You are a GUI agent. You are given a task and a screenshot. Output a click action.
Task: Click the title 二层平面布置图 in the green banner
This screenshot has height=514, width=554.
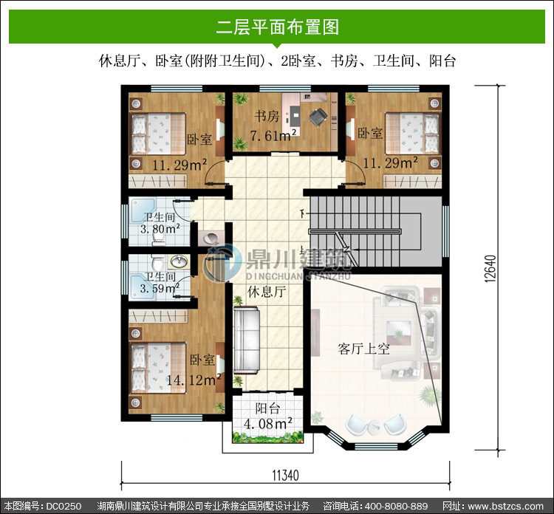277,27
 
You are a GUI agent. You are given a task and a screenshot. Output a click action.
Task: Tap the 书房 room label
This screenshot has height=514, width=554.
267,116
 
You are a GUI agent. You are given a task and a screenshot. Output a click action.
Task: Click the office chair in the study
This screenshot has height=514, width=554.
318,116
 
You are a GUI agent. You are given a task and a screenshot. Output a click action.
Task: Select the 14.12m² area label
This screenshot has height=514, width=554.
194,380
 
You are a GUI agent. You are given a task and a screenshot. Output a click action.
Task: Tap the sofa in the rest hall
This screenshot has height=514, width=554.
247,340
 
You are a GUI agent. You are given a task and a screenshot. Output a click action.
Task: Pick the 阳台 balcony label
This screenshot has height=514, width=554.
268,408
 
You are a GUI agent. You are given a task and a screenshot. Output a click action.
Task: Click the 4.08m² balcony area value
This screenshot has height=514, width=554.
268,423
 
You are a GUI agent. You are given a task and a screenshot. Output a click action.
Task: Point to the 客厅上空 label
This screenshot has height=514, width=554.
363,349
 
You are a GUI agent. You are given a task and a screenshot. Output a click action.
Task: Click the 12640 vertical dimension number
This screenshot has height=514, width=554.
490,269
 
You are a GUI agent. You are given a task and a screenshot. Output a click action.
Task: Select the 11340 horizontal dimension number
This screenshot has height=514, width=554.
285,476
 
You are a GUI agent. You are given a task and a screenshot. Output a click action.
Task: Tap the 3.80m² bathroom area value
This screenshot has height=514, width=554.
160,229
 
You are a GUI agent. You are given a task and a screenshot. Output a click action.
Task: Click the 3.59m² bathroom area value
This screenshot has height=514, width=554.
160,288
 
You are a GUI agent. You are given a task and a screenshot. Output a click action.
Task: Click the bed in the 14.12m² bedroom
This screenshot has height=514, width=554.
158,367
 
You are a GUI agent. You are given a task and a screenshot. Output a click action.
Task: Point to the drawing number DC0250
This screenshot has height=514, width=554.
64,506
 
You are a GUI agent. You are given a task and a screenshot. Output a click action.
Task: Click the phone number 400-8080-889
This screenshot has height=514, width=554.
396,506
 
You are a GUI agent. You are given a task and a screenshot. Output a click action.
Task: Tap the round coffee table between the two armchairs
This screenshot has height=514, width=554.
375,427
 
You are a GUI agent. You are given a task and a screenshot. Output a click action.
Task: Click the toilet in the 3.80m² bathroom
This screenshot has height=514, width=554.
158,239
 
